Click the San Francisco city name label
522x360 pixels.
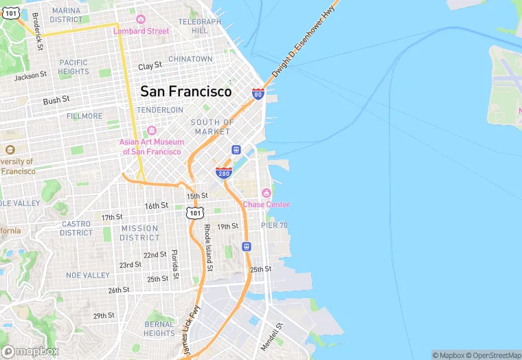click(x=185, y=91)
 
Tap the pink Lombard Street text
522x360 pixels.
click(x=141, y=31)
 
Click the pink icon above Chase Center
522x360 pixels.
click(x=266, y=192)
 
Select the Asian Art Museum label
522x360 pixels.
click(x=150, y=147)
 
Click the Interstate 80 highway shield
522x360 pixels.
click(x=258, y=93)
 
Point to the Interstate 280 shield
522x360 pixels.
click(x=223, y=172)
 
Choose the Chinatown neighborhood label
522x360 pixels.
click(x=190, y=59)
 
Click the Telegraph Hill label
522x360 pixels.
click(x=200, y=26)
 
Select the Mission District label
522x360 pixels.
click(x=139, y=233)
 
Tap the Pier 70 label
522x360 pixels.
click(x=274, y=225)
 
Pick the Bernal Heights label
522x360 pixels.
click(x=159, y=328)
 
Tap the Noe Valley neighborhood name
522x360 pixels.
click(x=87, y=275)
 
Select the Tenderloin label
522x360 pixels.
click(x=160, y=110)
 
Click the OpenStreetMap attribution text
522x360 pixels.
click(x=494, y=355)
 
